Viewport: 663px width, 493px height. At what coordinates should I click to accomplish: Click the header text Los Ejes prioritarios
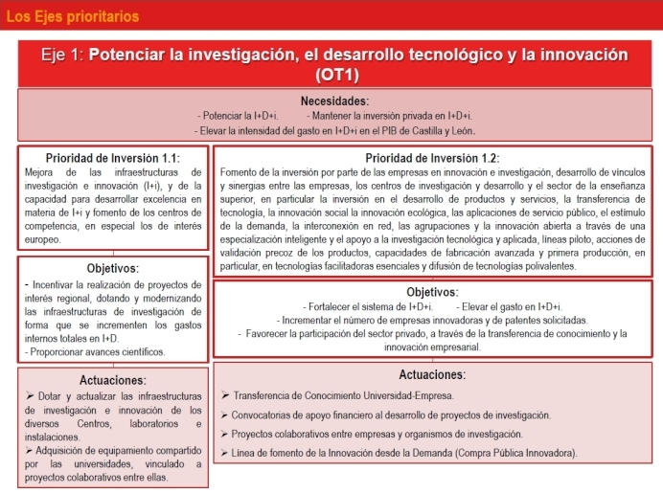(x=72, y=16)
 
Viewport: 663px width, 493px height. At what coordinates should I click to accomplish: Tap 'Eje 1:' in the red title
(x=63, y=55)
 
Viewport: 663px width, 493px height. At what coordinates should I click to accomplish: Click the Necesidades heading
(x=334, y=100)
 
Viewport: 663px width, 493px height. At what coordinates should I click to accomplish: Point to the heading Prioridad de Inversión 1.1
(x=113, y=158)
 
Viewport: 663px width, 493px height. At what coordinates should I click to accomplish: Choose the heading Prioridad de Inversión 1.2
(x=432, y=158)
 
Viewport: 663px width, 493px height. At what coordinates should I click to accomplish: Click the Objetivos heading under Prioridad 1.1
(x=113, y=268)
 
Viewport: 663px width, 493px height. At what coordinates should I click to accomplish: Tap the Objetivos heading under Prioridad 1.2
(x=432, y=291)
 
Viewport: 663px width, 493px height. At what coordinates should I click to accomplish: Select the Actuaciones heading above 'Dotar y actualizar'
(x=113, y=380)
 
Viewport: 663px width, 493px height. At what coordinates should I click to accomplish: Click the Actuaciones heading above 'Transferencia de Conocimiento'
(x=432, y=374)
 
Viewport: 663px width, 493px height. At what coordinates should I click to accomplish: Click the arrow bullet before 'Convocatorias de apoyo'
(x=222, y=415)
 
